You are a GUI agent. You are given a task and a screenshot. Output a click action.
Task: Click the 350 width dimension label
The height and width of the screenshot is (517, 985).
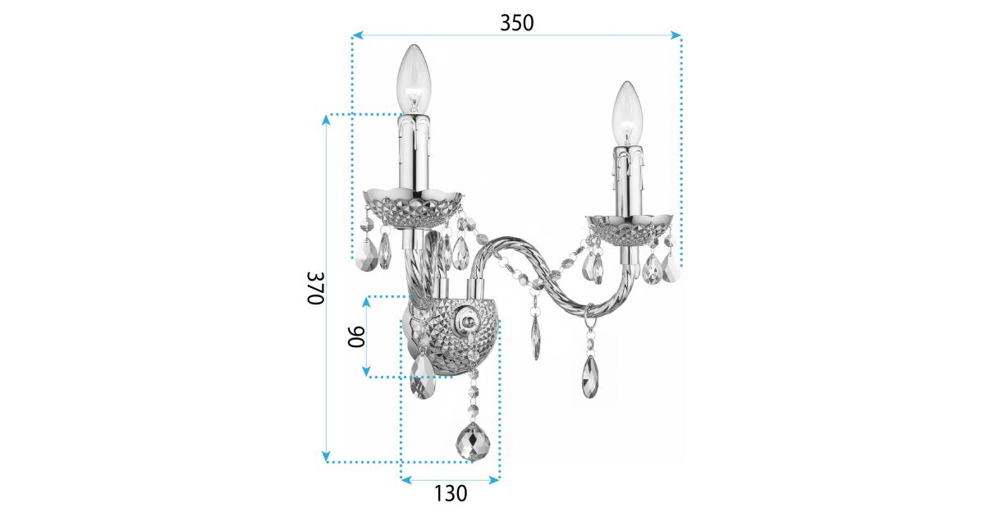click(516, 23)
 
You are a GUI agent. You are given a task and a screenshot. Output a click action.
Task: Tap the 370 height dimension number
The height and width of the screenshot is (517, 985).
click(316, 288)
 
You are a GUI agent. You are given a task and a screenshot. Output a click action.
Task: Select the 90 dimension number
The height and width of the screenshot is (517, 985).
click(356, 336)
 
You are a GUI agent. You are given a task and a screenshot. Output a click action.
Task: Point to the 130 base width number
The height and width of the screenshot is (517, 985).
click(451, 493)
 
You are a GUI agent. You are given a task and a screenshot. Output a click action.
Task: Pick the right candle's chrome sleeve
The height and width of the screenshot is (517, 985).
click(629, 181)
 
